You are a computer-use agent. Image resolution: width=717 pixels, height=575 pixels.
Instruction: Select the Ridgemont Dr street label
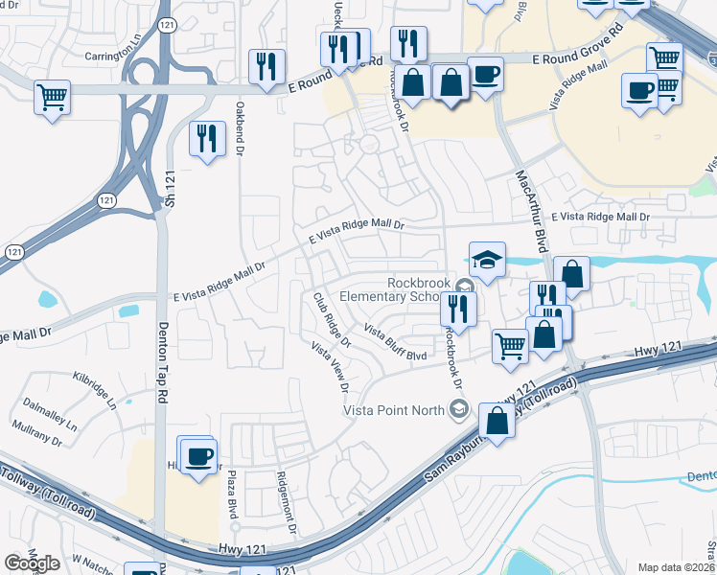click(x=285, y=507)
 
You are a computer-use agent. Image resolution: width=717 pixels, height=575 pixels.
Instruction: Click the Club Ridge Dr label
click(x=330, y=320)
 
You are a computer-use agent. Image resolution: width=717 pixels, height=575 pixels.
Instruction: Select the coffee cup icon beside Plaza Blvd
click(x=199, y=456)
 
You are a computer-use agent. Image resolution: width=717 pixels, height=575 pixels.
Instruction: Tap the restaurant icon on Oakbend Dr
click(x=206, y=139)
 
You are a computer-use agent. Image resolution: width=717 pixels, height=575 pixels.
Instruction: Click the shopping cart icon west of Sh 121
click(x=52, y=96)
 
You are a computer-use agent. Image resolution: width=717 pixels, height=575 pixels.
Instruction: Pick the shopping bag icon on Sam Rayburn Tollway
click(x=497, y=419)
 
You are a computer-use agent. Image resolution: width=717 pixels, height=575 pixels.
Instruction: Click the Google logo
click(x=32, y=563)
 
